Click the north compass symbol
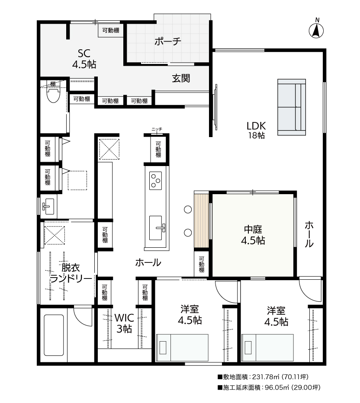tap(316, 29)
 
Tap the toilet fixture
tap(54, 95)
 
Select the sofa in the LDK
tap(292, 107)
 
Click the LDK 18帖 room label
tap(256, 130)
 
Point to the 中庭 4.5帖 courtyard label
tap(253, 235)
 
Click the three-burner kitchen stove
tap(156, 180)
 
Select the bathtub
tap(54, 335)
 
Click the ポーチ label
tap(167, 41)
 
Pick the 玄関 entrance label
tap(181, 78)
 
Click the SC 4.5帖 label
tap(84, 59)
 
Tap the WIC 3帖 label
tap(125, 323)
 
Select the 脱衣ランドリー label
tap(71, 273)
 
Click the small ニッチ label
tap(157, 129)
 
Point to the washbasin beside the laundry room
tap(48, 206)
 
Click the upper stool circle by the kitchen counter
tap(188, 209)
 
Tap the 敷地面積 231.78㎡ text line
tap(263, 377)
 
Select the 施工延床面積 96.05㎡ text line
tap(269, 387)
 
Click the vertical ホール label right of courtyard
tap(309, 234)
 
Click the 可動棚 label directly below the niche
tap(158, 149)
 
